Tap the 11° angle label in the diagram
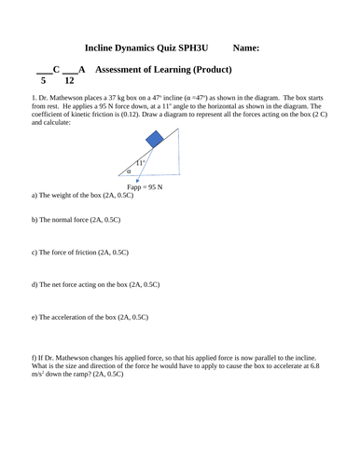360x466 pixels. click(x=141, y=163)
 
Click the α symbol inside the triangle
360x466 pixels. click(x=129, y=171)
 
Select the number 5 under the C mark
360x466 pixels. click(x=40, y=81)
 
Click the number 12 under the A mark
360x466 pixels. click(x=69, y=81)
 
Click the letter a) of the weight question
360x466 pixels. click(x=35, y=195)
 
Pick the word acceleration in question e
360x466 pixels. click(x=81, y=317)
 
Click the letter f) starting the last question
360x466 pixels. click(x=34, y=357)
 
